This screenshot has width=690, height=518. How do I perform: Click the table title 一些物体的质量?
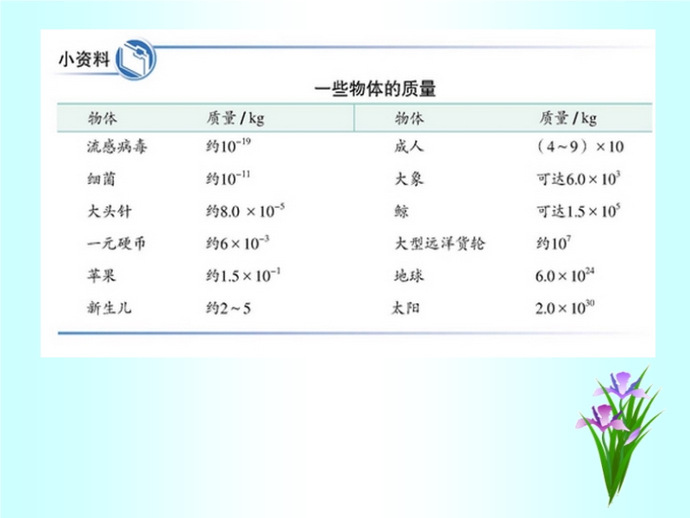pyautogui.click(x=375, y=89)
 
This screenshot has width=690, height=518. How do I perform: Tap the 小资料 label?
pyautogui.click(x=84, y=59)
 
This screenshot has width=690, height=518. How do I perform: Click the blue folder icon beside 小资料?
pyautogui.click(x=135, y=60)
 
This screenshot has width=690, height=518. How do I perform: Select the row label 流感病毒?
pyautogui.click(x=116, y=146)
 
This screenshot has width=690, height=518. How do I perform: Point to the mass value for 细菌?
pyautogui.click(x=228, y=178)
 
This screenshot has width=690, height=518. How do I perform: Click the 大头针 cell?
pyautogui.click(x=110, y=211)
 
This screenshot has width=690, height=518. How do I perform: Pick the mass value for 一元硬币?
pyautogui.click(x=238, y=243)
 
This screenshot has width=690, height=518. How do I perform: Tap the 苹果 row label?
pyautogui.click(x=101, y=275)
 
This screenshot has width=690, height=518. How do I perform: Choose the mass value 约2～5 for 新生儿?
pyautogui.click(x=228, y=308)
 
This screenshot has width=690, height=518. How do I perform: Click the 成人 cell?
pyautogui.click(x=409, y=146)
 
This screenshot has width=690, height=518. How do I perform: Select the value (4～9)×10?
pyautogui.click(x=580, y=146)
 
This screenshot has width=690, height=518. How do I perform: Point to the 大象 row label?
pyautogui.click(x=409, y=179)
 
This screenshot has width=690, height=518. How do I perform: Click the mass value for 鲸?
pyautogui.click(x=578, y=211)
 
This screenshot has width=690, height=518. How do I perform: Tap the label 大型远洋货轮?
pyautogui.click(x=439, y=243)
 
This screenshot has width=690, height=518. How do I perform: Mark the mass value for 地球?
pyautogui.click(x=565, y=275)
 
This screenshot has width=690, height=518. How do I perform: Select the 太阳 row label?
pyautogui.click(x=405, y=308)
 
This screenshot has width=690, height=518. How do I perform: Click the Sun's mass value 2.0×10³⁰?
pyautogui.click(x=565, y=307)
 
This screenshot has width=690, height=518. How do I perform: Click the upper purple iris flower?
pyautogui.click(x=621, y=385)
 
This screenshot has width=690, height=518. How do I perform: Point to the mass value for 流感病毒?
pyautogui.click(x=228, y=146)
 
